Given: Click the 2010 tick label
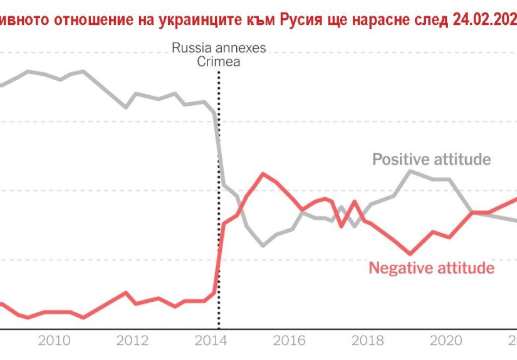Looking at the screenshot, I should pyautogui.click(x=54, y=341).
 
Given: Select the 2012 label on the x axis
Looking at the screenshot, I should pyautogui.click(x=132, y=341).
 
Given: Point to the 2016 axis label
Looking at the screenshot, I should pyautogui.click(x=289, y=341).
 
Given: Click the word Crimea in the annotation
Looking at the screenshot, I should pyautogui.click(x=219, y=61).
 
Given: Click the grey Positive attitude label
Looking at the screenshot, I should pyautogui.click(x=431, y=160).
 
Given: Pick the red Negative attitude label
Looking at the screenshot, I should pyautogui.click(x=431, y=268).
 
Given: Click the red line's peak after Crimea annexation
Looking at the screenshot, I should pyautogui.click(x=263, y=173).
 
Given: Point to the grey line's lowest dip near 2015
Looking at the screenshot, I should pyautogui.click(x=263, y=245).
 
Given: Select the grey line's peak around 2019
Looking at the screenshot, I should pyautogui.click(x=410, y=170).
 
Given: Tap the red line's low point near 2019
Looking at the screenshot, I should pyautogui.click(x=410, y=254).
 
